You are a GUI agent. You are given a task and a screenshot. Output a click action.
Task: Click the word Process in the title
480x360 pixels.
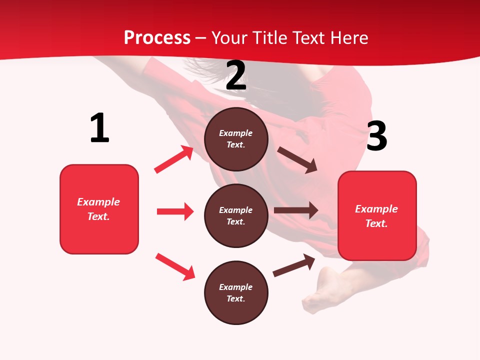pyautogui.click(x=157, y=38)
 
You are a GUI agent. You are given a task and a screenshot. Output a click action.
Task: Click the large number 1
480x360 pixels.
pyautogui.click(x=99, y=128)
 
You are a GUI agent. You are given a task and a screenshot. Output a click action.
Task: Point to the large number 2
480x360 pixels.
pyautogui.click(x=236, y=76)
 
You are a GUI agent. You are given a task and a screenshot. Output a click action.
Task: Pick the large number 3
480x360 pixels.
pyautogui.click(x=376, y=136)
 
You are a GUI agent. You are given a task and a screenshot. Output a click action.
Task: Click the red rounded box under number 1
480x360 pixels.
pyautogui.click(x=99, y=209)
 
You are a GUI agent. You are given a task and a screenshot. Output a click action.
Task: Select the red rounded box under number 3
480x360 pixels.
pyautogui.click(x=377, y=216)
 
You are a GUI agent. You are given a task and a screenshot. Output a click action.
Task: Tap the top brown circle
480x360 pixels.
pyautogui.click(x=236, y=139)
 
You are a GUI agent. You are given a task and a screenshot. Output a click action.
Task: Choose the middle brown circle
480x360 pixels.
pyautogui.click(x=236, y=215)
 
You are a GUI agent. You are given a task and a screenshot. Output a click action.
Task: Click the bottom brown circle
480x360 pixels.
pyautogui.click(x=236, y=292)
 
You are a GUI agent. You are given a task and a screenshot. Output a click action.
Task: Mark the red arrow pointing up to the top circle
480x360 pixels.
pyautogui.click(x=174, y=159)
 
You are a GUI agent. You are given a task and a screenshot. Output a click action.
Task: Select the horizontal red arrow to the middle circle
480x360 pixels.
pyautogui.click(x=175, y=211)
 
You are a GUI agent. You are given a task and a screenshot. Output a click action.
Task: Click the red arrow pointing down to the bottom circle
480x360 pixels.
pyautogui.click(x=175, y=266)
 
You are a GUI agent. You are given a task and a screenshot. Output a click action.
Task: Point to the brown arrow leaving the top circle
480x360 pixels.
pyautogui.click(x=297, y=160)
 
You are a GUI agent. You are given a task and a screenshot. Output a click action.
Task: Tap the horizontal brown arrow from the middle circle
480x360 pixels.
pyautogui.click(x=296, y=210)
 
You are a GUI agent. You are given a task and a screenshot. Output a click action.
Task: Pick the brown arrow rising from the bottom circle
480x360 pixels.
pyautogui.click(x=294, y=265)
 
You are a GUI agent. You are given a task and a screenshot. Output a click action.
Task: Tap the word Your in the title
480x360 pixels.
pyautogui.click(x=229, y=38)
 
